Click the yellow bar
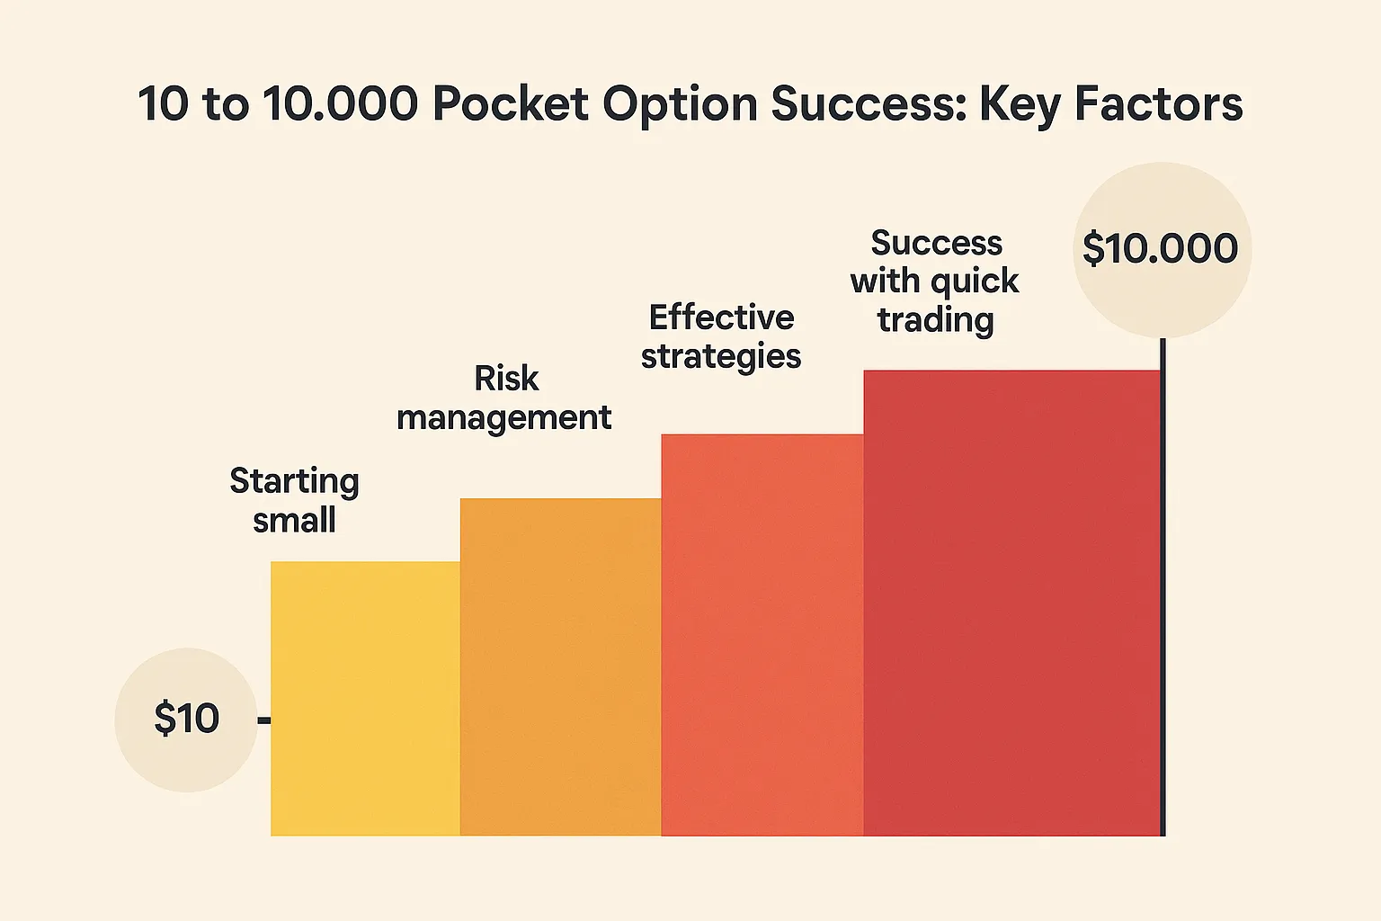pyautogui.click(x=365, y=699)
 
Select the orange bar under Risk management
pyautogui.click(x=560, y=666)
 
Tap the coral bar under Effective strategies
pyautogui.click(x=762, y=635)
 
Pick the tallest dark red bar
pyautogui.click(x=1011, y=603)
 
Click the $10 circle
pyautogui.click(x=186, y=720)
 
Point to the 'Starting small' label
pyautogui.click(x=294, y=500)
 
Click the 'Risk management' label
pyautogui.click(x=504, y=398)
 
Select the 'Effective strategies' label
pyautogui.click(x=721, y=336)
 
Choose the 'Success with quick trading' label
pyautogui.click(x=935, y=281)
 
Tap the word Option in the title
pyautogui.click(x=680, y=104)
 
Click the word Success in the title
pyautogui.click(x=868, y=104)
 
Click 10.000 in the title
pyautogui.click(x=341, y=104)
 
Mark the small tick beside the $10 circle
pyautogui.click(x=264, y=720)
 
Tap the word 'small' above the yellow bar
pyautogui.click(x=294, y=520)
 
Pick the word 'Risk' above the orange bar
pyautogui.click(x=506, y=379)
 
